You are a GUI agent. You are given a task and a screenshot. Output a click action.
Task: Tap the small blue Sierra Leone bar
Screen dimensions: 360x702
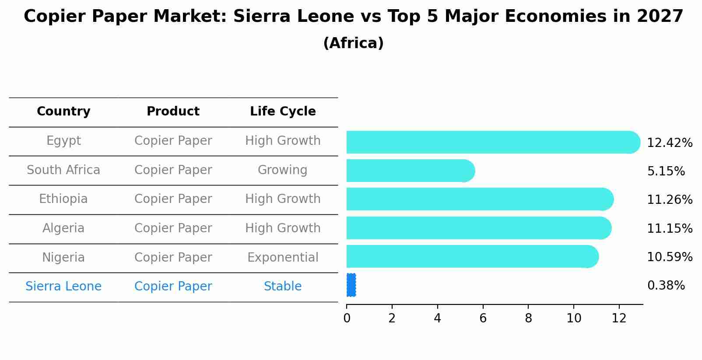351,285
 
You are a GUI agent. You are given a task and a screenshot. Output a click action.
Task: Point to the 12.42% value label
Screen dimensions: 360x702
669,143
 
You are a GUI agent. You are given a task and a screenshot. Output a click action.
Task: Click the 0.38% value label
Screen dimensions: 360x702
666,286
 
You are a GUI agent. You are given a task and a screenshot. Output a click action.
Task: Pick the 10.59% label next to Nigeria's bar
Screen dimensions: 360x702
669,257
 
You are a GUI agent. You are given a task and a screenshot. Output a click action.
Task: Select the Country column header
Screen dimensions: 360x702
63,112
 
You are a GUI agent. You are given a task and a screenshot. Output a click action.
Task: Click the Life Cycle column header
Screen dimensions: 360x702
283,112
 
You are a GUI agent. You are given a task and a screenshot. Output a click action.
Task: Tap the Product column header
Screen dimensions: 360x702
173,112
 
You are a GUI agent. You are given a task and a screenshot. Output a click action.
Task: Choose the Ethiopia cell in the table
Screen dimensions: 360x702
63,199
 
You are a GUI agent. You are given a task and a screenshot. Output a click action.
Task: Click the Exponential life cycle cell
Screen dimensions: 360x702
283,258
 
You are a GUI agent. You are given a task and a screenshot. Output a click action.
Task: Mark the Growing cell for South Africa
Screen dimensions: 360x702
282,170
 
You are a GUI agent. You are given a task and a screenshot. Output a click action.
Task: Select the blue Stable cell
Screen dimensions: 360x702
283,287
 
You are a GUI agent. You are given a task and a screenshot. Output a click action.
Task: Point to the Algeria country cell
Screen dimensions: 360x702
63,228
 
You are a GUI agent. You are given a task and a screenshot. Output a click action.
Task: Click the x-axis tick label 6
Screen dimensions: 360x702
483,318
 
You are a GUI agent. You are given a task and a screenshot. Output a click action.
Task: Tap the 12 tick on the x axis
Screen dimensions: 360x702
619,318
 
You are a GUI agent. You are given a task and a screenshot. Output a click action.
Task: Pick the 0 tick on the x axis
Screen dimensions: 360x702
347,318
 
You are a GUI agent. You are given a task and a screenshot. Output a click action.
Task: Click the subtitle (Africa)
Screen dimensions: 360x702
353,43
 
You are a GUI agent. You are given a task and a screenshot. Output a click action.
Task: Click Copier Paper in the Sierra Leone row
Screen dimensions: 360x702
173,287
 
